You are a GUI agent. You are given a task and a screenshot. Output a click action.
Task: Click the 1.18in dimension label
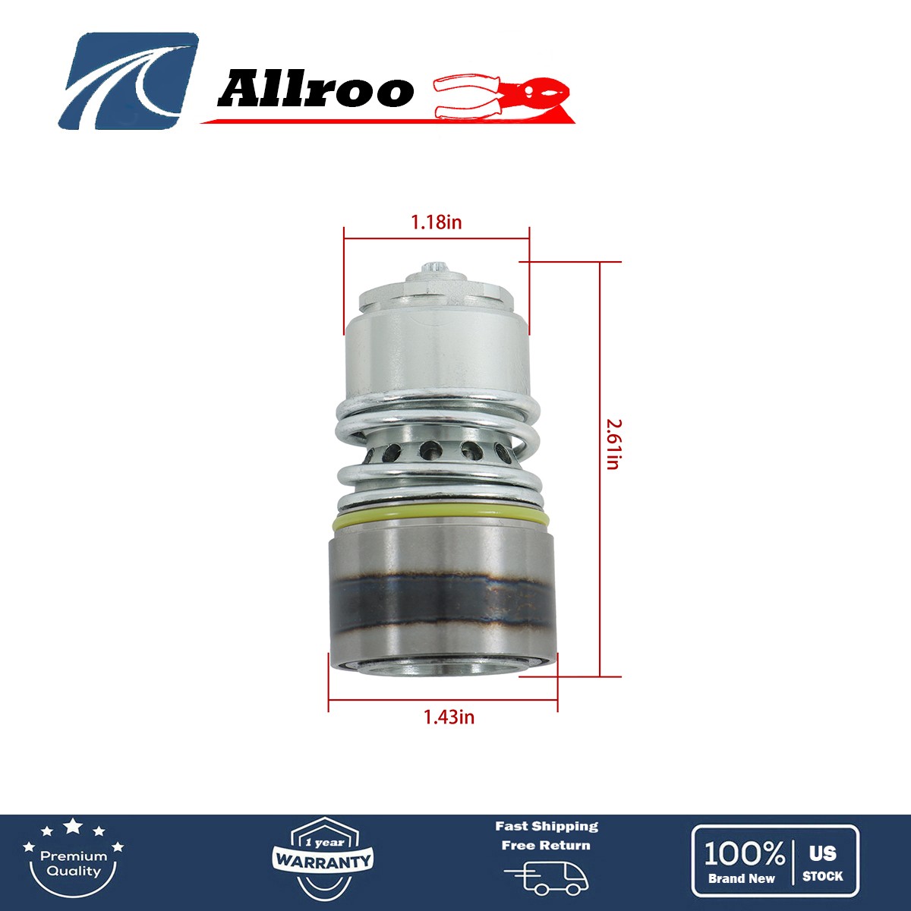pos(436,222)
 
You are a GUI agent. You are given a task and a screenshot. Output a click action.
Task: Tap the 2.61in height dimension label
pos(613,445)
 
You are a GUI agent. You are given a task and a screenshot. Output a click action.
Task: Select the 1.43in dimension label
pos(449,717)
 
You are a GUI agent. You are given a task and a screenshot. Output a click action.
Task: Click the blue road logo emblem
pos(128,80)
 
